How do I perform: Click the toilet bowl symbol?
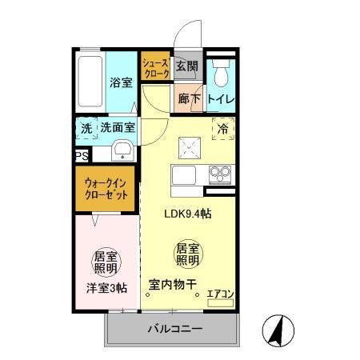(x=221, y=73)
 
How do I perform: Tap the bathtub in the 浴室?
(x=90, y=82)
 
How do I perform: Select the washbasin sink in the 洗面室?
(x=122, y=151)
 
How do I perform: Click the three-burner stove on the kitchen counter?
(x=220, y=174)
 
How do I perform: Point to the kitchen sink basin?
(x=184, y=175)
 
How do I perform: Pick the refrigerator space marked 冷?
(x=223, y=129)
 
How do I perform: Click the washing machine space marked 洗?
(x=86, y=128)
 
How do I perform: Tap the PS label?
(x=82, y=156)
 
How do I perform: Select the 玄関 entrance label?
(x=187, y=66)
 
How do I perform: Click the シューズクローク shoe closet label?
(x=155, y=68)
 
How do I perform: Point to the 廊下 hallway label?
(x=189, y=99)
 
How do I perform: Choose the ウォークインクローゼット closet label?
(x=106, y=189)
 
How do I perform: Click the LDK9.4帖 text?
(x=188, y=214)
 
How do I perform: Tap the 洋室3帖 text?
(x=106, y=288)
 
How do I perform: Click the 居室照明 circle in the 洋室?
(x=106, y=262)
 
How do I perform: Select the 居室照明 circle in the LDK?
(x=188, y=254)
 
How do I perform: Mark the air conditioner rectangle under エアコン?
(x=221, y=303)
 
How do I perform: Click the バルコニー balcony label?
(x=175, y=329)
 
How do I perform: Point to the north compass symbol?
(x=278, y=330)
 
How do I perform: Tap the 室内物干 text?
(x=173, y=284)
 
